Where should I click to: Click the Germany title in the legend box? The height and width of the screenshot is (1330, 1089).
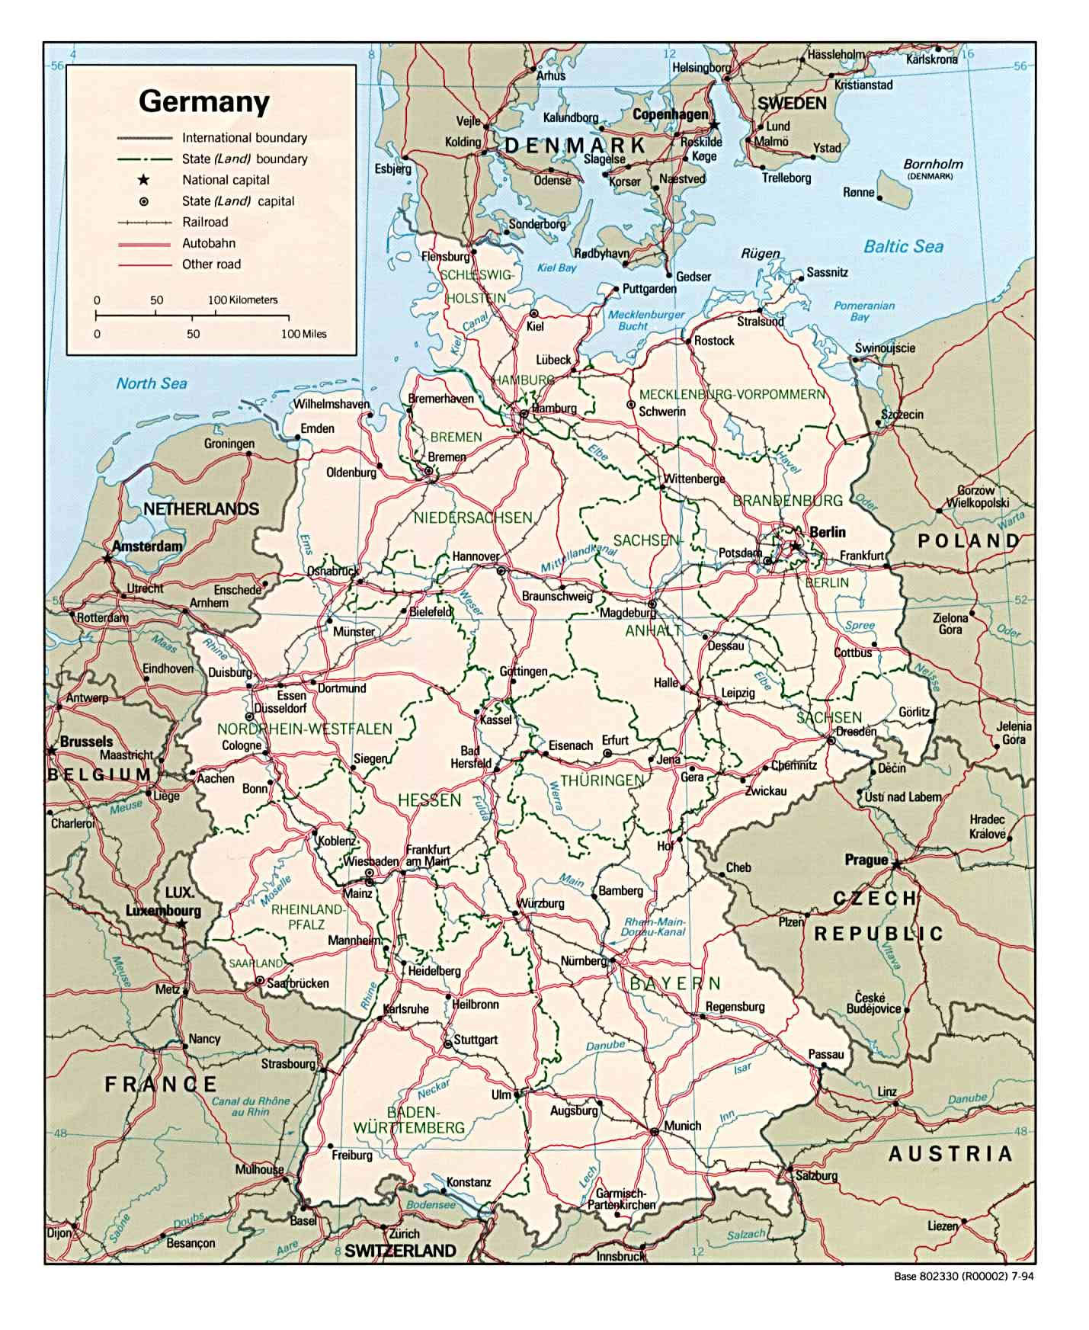pos(203,101)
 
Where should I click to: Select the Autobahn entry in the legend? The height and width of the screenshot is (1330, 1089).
pos(208,243)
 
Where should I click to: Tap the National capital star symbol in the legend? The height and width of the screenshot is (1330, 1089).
pos(143,180)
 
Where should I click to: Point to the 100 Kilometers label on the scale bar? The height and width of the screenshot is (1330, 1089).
pos(243,300)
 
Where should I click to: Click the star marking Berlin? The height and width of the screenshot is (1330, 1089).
pos(794,546)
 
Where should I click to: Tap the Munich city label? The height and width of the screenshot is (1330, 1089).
pos(682,1125)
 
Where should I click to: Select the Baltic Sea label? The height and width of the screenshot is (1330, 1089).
pos(903,246)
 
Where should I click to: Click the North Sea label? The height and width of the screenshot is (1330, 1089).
pos(151,383)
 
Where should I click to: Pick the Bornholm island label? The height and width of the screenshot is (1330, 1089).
pos(933,164)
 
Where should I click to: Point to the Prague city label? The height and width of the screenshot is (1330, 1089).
pos(866,860)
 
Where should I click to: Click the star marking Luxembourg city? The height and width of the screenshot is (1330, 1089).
pos(181,924)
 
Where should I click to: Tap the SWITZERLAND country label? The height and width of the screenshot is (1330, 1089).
pos(400,1251)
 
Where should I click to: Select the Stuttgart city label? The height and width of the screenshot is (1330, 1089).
pos(476,1039)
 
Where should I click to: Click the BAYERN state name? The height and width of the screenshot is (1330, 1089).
pos(674,983)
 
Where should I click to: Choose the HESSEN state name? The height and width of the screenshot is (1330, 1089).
pos(430,800)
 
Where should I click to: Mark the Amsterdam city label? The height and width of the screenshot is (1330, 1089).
pos(147,546)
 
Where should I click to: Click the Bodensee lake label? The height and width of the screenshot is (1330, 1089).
pos(431,1205)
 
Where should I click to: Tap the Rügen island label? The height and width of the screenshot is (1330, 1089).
pos(760,253)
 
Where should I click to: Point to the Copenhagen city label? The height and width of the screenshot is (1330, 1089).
pos(671,114)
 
